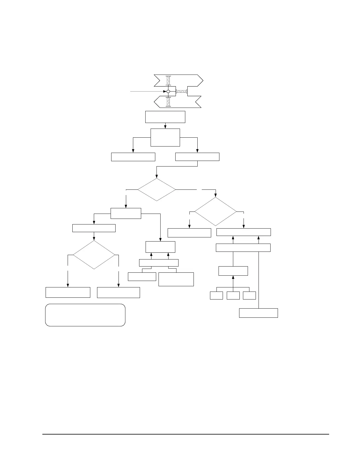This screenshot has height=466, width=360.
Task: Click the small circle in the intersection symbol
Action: [x=168, y=91]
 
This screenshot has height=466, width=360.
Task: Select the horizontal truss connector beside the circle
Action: [x=181, y=91]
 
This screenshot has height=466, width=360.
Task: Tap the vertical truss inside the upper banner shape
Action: [x=168, y=81]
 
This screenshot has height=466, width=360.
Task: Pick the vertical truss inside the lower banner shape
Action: [x=168, y=101]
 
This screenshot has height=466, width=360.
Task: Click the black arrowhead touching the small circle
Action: [x=165, y=91]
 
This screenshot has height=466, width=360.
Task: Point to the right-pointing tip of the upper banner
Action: [x=203, y=80]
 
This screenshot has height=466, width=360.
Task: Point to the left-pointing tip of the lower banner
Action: [x=155, y=102]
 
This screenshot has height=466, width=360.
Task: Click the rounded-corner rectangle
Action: [x=85, y=315]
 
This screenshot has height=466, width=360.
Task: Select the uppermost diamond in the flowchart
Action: [x=156, y=189]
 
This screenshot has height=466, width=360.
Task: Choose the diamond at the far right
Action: [x=216, y=212]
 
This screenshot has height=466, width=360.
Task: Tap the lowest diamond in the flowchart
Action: [x=94, y=255]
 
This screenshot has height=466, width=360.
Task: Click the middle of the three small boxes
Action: [x=233, y=295]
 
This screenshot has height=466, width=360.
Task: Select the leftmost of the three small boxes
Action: [x=216, y=295]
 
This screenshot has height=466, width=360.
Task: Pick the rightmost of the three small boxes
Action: [x=249, y=295]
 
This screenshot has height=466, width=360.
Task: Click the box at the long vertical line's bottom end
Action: [x=258, y=313]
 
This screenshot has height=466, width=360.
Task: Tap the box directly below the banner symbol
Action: [x=165, y=117]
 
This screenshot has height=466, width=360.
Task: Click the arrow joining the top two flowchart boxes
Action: [x=165, y=126]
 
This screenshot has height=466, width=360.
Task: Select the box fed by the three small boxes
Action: [x=233, y=271]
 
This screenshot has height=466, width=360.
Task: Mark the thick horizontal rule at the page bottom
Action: [x=185, y=434]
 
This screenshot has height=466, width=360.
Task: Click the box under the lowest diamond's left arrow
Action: [x=68, y=292]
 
